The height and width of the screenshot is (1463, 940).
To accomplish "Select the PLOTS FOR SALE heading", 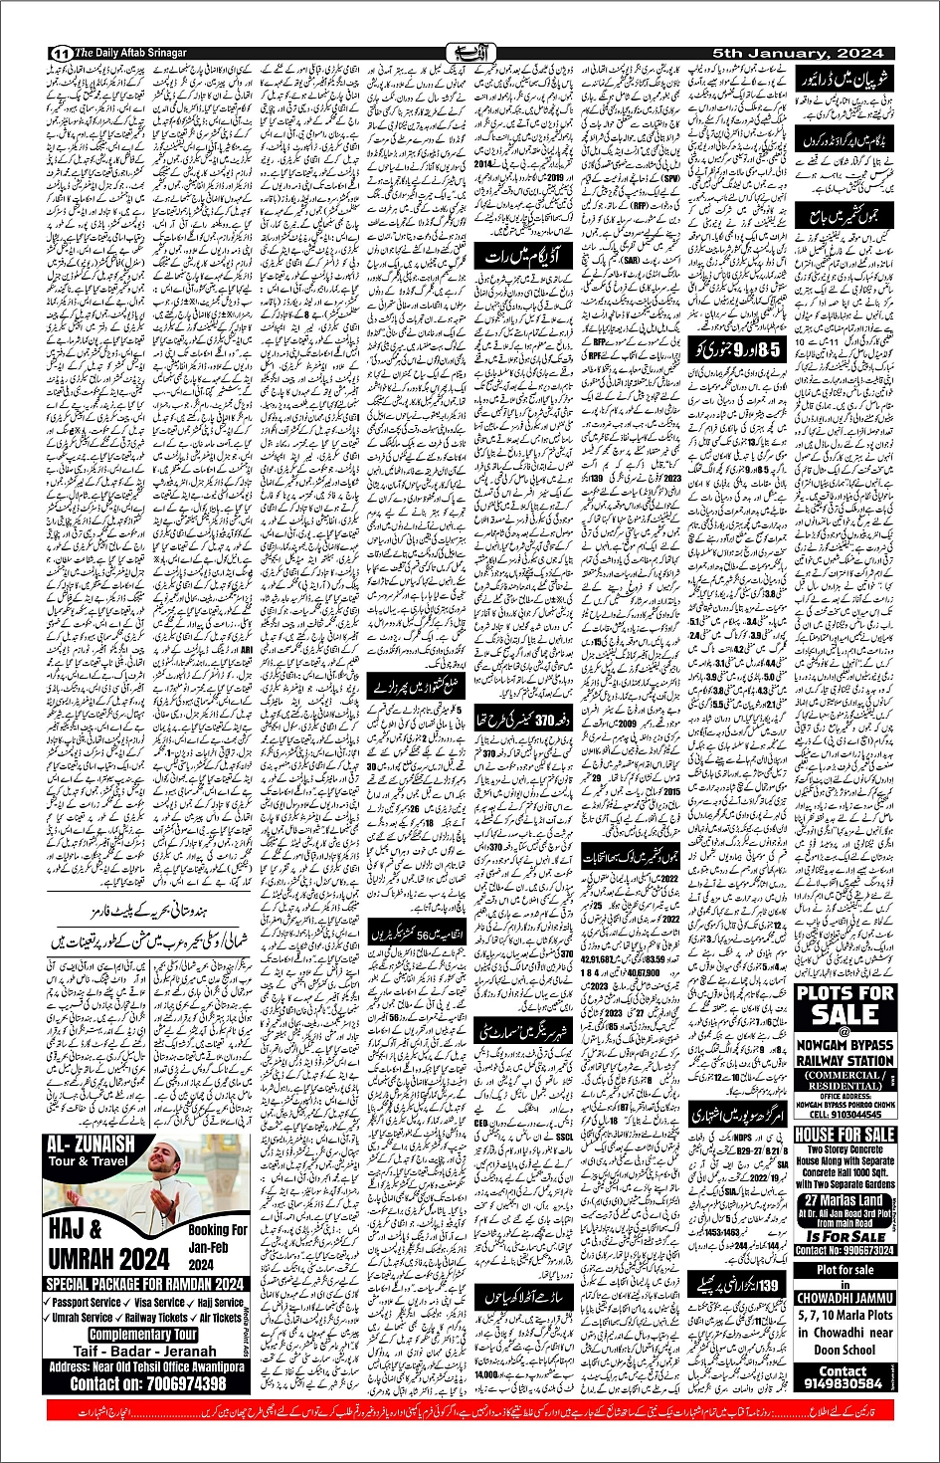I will (843, 1005).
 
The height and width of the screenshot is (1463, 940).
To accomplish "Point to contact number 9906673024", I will (843, 1250).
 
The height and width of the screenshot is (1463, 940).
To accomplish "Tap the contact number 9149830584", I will (843, 1383).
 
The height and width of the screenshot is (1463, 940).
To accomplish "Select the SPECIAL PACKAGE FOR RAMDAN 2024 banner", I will (145, 1284).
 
